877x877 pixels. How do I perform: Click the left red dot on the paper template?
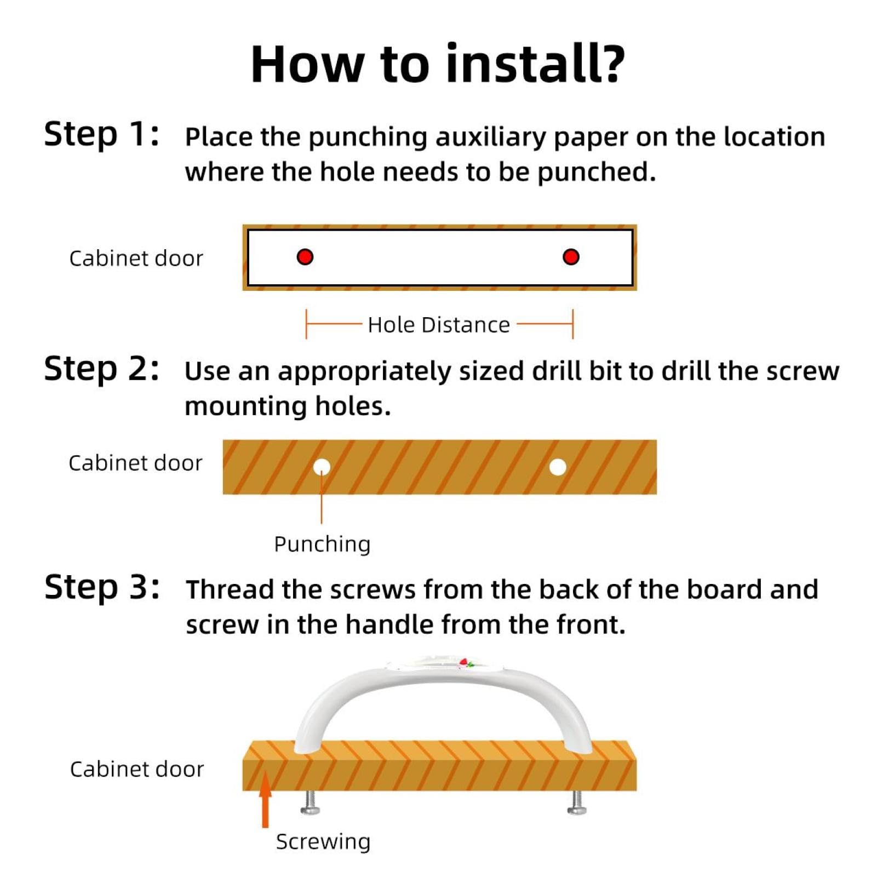coord(305,257)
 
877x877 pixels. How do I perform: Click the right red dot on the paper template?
coord(571,257)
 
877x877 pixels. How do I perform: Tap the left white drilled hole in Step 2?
coord(322,467)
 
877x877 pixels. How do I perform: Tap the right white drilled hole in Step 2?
coord(558,467)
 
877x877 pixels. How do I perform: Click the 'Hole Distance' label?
coord(439,325)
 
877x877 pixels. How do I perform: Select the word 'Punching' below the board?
coord(322,544)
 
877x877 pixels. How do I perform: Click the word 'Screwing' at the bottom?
coord(323,841)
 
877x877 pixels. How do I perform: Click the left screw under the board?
coord(311,803)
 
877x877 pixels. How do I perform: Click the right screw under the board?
coord(577,803)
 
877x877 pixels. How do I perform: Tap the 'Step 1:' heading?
coord(102,135)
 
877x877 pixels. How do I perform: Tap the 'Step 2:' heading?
coord(102,369)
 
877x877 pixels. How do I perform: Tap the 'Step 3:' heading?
coord(102,587)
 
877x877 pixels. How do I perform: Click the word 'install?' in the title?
coord(535,64)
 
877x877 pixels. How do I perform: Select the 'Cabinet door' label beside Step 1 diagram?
coord(136,259)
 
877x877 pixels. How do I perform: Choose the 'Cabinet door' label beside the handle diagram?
coord(137,769)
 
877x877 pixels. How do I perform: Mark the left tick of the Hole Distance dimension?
coord(306,324)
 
